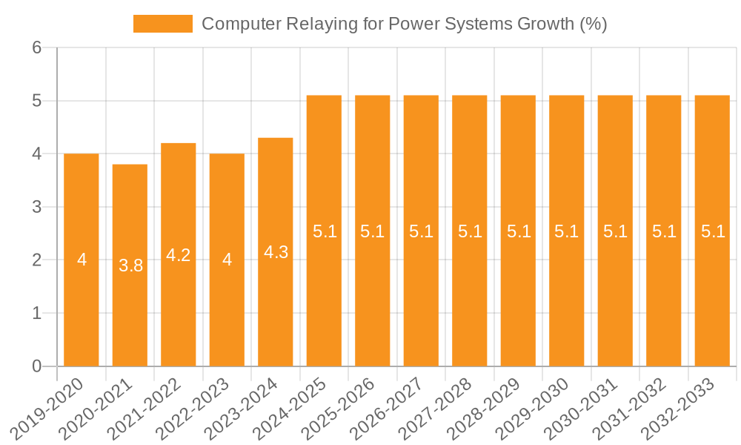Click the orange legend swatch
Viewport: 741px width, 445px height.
[162, 24]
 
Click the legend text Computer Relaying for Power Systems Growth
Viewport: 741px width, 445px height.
[405, 24]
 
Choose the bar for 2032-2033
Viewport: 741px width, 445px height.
[712, 297]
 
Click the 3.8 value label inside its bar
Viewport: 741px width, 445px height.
[130, 265]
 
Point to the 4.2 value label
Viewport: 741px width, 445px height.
[179, 255]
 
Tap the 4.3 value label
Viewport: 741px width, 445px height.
[276, 252]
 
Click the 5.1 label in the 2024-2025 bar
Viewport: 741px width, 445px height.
[325, 231]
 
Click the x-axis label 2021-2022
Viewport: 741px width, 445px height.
[148, 409]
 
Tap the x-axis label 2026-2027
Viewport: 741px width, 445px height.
[391, 409]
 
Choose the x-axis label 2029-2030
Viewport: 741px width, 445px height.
[536, 409]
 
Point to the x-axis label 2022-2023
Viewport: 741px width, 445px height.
[196, 409]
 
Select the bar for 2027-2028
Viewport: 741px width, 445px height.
[470, 297]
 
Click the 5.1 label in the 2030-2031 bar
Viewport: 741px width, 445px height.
[615, 231]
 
